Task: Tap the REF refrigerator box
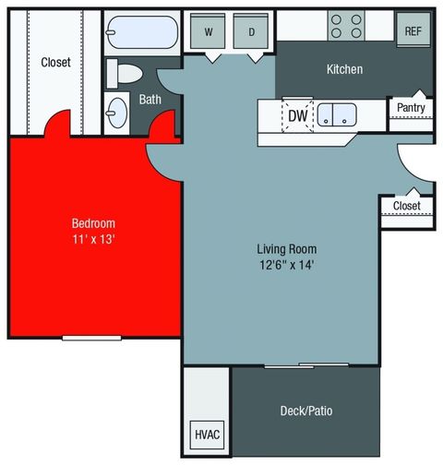coord(412,30)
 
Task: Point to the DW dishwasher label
coord(297,116)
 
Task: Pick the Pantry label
coord(411,108)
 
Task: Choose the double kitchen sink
coord(339,115)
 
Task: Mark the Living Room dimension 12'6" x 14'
coord(287,266)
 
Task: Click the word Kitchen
coord(344,69)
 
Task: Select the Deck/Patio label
coord(305,411)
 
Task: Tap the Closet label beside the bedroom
coord(55,63)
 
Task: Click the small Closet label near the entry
coord(407,205)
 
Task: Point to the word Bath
coord(150,99)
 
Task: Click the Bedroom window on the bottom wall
coord(92,337)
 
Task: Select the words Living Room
coord(287,249)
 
